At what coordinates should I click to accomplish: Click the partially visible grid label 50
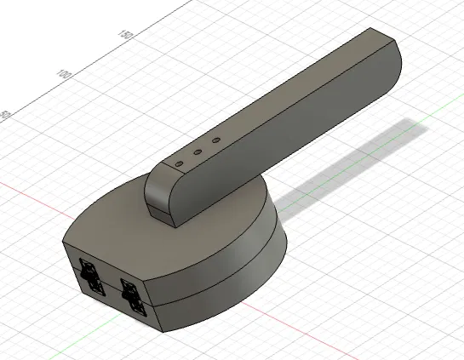click(5, 114)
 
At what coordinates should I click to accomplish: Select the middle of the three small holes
click(197, 152)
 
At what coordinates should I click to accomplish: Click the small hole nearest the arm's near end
click(179, 161)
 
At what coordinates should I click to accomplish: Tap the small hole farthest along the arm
click(215, 140)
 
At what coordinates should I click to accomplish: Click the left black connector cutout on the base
click(89, 276)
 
